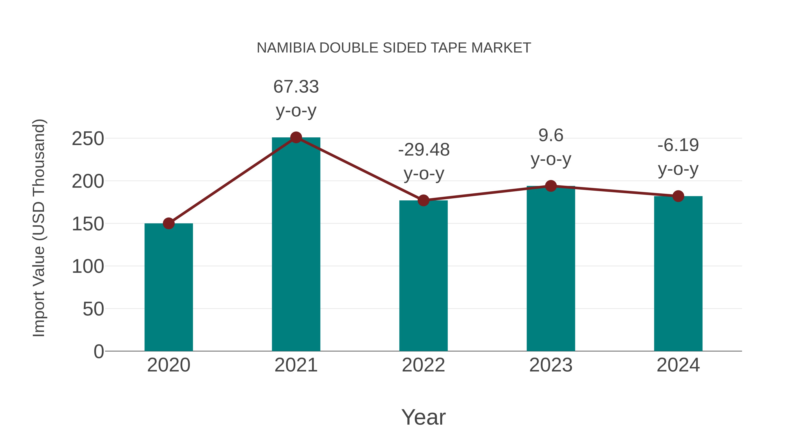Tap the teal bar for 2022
tap(423, 275)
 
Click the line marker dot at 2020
tap(169, 224)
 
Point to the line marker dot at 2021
tap(296, 138)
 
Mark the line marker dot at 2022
tap(423, 201)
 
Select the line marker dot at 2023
tap(551, 186)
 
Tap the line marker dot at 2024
tap(678, 196)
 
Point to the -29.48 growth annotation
tap(424, 161)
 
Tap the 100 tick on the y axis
tap(88, 267)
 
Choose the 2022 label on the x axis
tap(423, 365)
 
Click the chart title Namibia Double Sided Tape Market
tap(394, 48)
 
